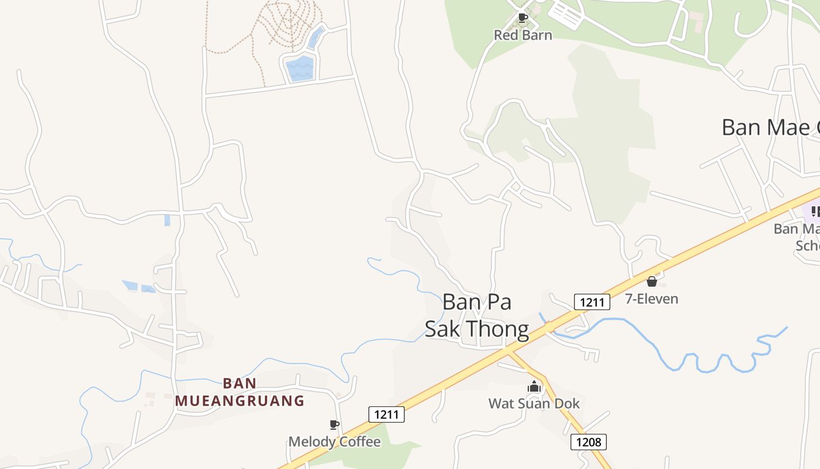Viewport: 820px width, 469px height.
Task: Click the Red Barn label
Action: [522, 35]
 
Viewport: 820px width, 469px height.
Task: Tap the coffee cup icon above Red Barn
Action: [523, 18]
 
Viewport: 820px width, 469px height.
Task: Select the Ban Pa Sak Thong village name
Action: [477, 315]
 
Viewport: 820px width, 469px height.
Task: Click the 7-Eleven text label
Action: [651, 298]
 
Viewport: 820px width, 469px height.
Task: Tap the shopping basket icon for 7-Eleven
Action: [651, 282]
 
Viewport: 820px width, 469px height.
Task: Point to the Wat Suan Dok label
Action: [534, 403]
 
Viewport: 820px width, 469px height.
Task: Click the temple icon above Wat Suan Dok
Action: [534, 386]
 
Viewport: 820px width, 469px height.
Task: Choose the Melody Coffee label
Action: [334, 441]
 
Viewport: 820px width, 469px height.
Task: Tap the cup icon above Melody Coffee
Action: [334, 424]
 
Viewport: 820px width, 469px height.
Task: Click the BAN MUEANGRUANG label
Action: [240, 392]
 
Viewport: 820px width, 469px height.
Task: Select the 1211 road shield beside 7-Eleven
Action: [592, 302]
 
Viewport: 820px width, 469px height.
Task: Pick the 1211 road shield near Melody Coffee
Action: [387, 414]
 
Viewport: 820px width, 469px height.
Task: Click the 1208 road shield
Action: [589, 441]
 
